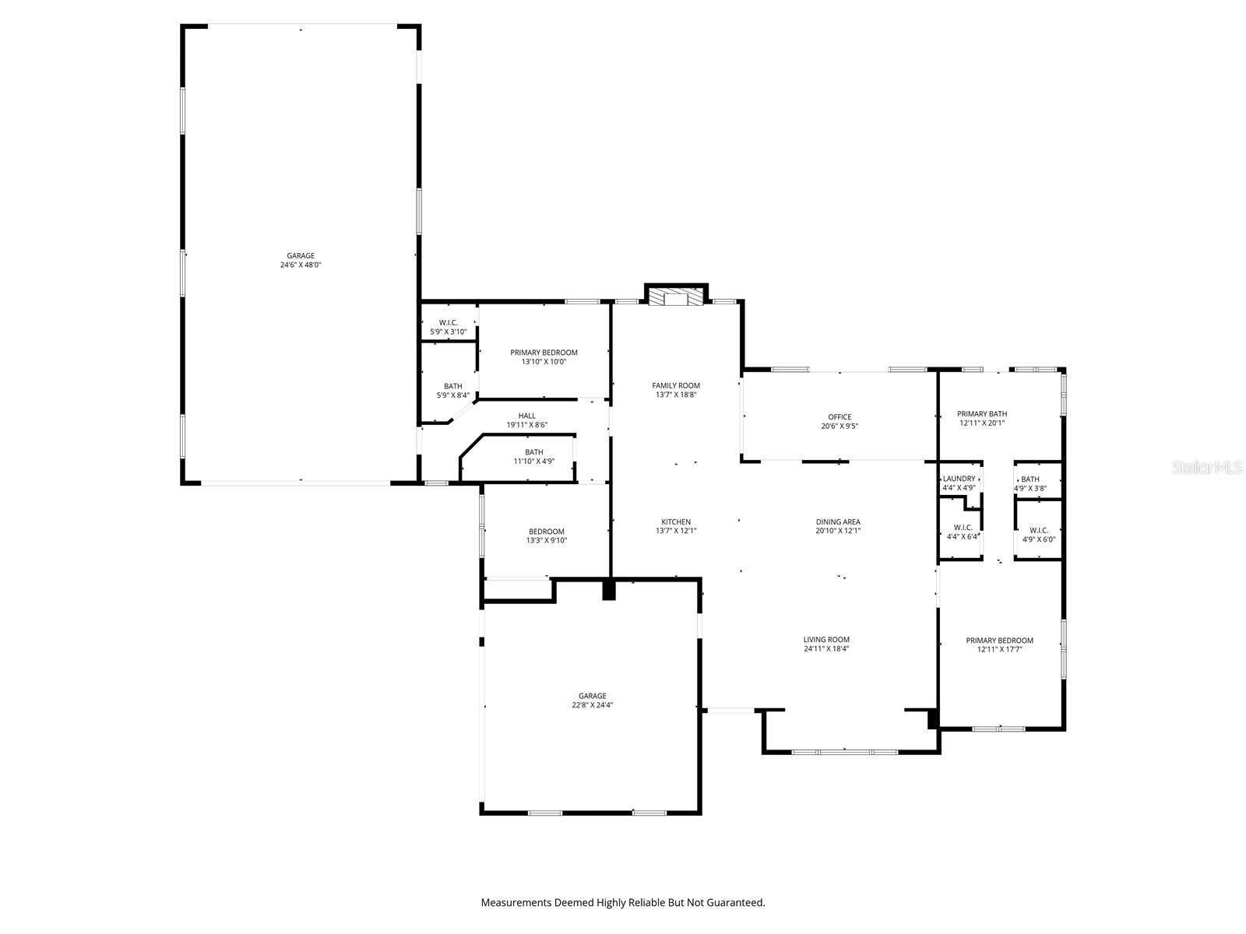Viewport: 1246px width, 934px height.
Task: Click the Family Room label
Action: (x=676, y=385)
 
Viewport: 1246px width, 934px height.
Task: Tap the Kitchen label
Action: (x=676, y=522)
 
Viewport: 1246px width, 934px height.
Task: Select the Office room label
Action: (x=839, y=417)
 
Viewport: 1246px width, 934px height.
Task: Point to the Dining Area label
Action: (x=838, y=522)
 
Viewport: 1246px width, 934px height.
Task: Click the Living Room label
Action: (x=826, y=640)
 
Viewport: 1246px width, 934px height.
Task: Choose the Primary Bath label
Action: (x=982, y=414)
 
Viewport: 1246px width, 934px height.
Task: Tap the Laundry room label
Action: (x=959, y=479)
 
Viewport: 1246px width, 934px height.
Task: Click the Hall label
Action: (x=527, y=416)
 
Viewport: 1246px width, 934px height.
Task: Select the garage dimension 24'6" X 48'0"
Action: (x=301, y=265)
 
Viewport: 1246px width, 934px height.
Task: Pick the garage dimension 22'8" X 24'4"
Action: (x=593, y=705)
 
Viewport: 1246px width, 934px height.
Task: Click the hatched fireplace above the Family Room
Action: (x=676, y=298)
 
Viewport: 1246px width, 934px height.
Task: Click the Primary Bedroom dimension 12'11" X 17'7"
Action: (x=1000, y=649)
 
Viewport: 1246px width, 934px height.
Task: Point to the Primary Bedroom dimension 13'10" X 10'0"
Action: (x=544, y=361)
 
